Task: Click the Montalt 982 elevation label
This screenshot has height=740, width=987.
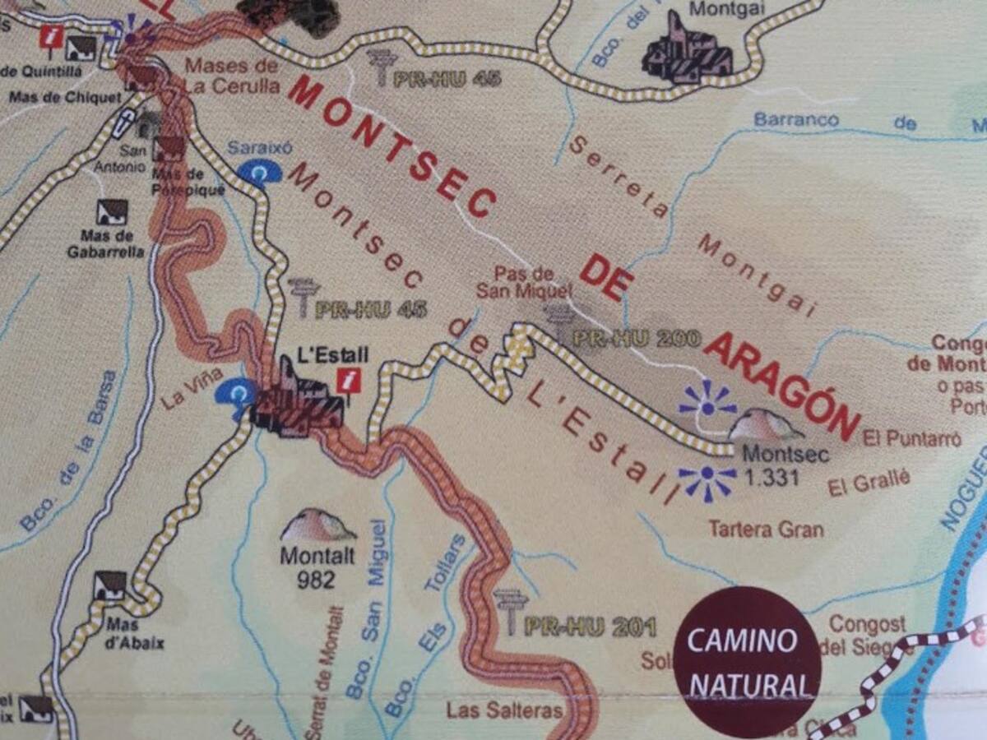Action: (317, 567)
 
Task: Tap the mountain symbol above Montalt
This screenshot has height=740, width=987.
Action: (318, 525)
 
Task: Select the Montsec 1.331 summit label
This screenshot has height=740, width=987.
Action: (771, 465)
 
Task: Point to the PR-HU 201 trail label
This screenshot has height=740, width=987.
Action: (589, 627)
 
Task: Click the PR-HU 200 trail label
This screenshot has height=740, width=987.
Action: (635, 338)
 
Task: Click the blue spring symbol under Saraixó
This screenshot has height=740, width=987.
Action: (259, 173)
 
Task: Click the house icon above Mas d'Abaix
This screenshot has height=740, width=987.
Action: (110, 585)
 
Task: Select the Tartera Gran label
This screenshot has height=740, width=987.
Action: (766, 529)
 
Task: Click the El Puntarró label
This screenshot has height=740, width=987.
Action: (912, 440)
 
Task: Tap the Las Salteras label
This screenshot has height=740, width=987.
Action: (504, 710)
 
